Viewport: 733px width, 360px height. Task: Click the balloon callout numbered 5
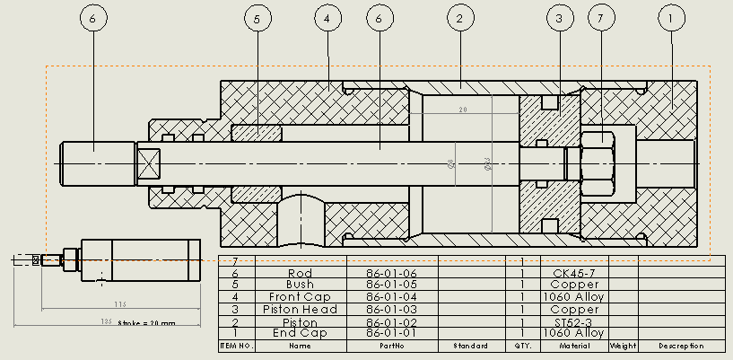coord(257,18)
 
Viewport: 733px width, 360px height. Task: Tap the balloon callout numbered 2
coord(459,18)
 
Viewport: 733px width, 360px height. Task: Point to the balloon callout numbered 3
coord(561,18)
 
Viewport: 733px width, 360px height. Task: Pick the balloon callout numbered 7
coord(602,18)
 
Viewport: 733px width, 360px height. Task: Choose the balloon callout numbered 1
coord(671,18)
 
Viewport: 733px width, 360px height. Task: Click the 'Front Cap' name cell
coord(300,297)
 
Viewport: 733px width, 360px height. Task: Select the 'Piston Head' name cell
coord(300,310)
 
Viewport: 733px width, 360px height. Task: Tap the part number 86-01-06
coord(391,273)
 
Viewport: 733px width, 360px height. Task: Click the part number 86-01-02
coord(391,321)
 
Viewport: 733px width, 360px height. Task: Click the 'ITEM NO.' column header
coord(237,346)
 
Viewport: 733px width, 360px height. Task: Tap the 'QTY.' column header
coord(521,346)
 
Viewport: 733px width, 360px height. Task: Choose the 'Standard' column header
coord(469,346)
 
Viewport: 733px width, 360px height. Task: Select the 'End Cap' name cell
coord(300,333)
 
